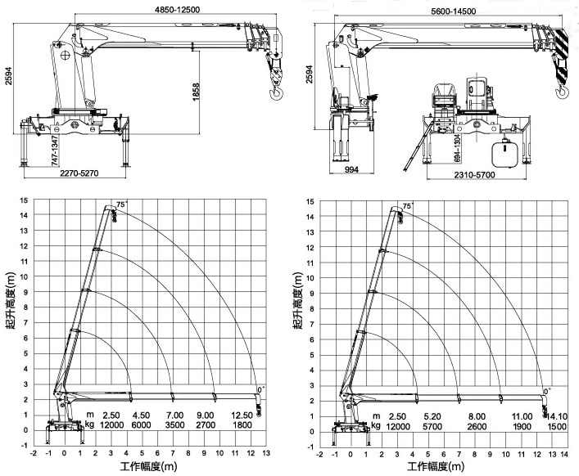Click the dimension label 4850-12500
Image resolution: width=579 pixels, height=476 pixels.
pyautogui.click(x=177, y=10)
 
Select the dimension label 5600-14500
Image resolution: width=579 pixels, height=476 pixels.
pyautogui.click(x=453, y=11)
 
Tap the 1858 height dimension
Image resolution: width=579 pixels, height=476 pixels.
pyautogui.click(x=196, y=92)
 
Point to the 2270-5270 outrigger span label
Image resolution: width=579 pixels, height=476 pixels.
pyautogui.click(x=79, y=173)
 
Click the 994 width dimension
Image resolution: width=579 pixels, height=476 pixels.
pyautogui.click(x=351, y=169)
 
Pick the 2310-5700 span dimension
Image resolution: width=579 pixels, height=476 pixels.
pyautogui.click(x=474, y=174)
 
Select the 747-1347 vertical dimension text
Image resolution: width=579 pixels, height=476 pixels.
pyautogui.click(x=54, y=150)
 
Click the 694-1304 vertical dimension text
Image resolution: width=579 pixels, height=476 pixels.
pyautogui.click(x=457, y=148)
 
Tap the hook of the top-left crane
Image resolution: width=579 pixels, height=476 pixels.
pyautogui.click(x=276, y=92)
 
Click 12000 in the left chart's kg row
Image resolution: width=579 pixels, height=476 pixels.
pyautogui.click(x=111, y=424)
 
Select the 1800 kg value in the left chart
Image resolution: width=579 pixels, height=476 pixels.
pyautogui.click(x=242, y=424)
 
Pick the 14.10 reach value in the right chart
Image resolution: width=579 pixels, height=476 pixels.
pyautogui.click(x=556, y=416)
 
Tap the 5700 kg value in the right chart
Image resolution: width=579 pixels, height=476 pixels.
pyautogui.click(x=432, y=427)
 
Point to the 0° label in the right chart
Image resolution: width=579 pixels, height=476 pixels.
pyautogui.click(x=547, y=392)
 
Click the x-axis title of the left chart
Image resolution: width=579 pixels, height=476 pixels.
pyautogui.click(x=148, y=466)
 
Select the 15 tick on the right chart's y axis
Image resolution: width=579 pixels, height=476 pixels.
pyautogui.click(x=310, y=201)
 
